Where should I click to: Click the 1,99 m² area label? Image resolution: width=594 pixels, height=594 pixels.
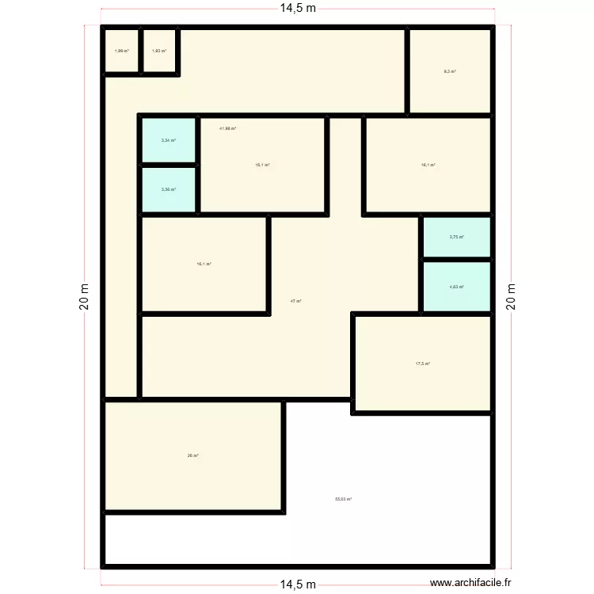[x=121, y=51]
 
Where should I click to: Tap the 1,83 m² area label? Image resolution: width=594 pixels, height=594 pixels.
[x=159, y=51]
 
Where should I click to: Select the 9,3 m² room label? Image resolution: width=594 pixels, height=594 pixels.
[x=450, y=71]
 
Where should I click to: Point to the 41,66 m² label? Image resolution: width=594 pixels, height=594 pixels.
[x=228, y=128]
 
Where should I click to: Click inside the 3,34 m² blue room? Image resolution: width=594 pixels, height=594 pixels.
[x=169, y=141]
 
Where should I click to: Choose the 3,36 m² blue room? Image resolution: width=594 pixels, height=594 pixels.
[x=169, y=190]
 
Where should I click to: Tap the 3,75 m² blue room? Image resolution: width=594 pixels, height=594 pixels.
[x=456, y=237]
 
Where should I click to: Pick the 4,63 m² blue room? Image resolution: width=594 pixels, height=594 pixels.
[x=456, y=287]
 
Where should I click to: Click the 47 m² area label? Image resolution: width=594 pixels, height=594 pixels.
[x=295, y=301]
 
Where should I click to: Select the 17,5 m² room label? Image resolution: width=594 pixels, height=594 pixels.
[x=423, y=364]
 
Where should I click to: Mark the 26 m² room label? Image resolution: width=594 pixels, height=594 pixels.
[x=192, y=455]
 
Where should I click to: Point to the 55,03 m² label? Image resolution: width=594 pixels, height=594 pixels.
[x=343, y=499]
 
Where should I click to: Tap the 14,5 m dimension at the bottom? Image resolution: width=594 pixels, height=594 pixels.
[x=297, y=584]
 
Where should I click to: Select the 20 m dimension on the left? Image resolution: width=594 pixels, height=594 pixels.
[x=85, y=298]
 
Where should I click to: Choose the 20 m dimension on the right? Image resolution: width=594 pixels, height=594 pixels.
[x=511, y=298]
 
